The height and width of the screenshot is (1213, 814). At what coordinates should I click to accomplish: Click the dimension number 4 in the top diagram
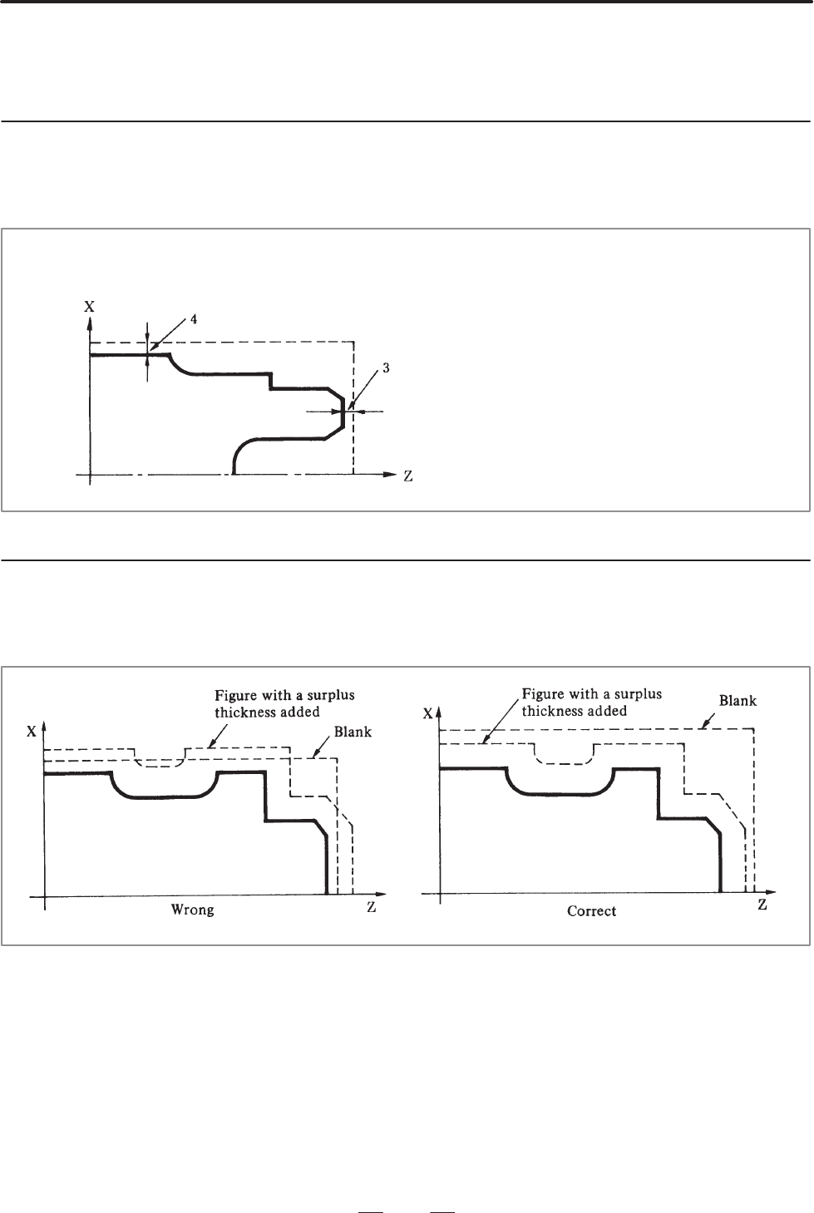194,319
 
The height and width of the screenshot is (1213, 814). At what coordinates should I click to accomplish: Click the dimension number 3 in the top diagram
386,367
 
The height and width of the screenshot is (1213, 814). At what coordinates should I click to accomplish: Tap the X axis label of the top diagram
89,307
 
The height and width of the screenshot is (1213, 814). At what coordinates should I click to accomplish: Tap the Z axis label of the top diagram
407,476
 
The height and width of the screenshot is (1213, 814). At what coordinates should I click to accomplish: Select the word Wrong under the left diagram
192,910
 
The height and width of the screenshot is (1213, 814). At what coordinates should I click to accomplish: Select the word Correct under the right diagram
591,911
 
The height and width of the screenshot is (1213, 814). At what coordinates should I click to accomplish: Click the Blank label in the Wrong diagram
353,732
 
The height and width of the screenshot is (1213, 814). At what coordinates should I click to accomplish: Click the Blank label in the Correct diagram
738,701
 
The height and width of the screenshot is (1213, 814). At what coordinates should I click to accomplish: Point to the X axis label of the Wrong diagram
32,731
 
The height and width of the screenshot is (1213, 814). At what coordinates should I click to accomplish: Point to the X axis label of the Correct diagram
428,713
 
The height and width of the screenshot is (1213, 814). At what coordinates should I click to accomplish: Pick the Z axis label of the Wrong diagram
371,907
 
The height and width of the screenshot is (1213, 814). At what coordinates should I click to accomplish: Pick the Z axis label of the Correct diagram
762,905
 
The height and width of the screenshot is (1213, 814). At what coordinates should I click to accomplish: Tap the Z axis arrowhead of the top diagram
391,474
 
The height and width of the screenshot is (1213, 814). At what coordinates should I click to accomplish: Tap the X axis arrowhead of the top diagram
90,323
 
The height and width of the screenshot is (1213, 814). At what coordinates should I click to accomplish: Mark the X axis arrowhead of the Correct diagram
440,713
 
